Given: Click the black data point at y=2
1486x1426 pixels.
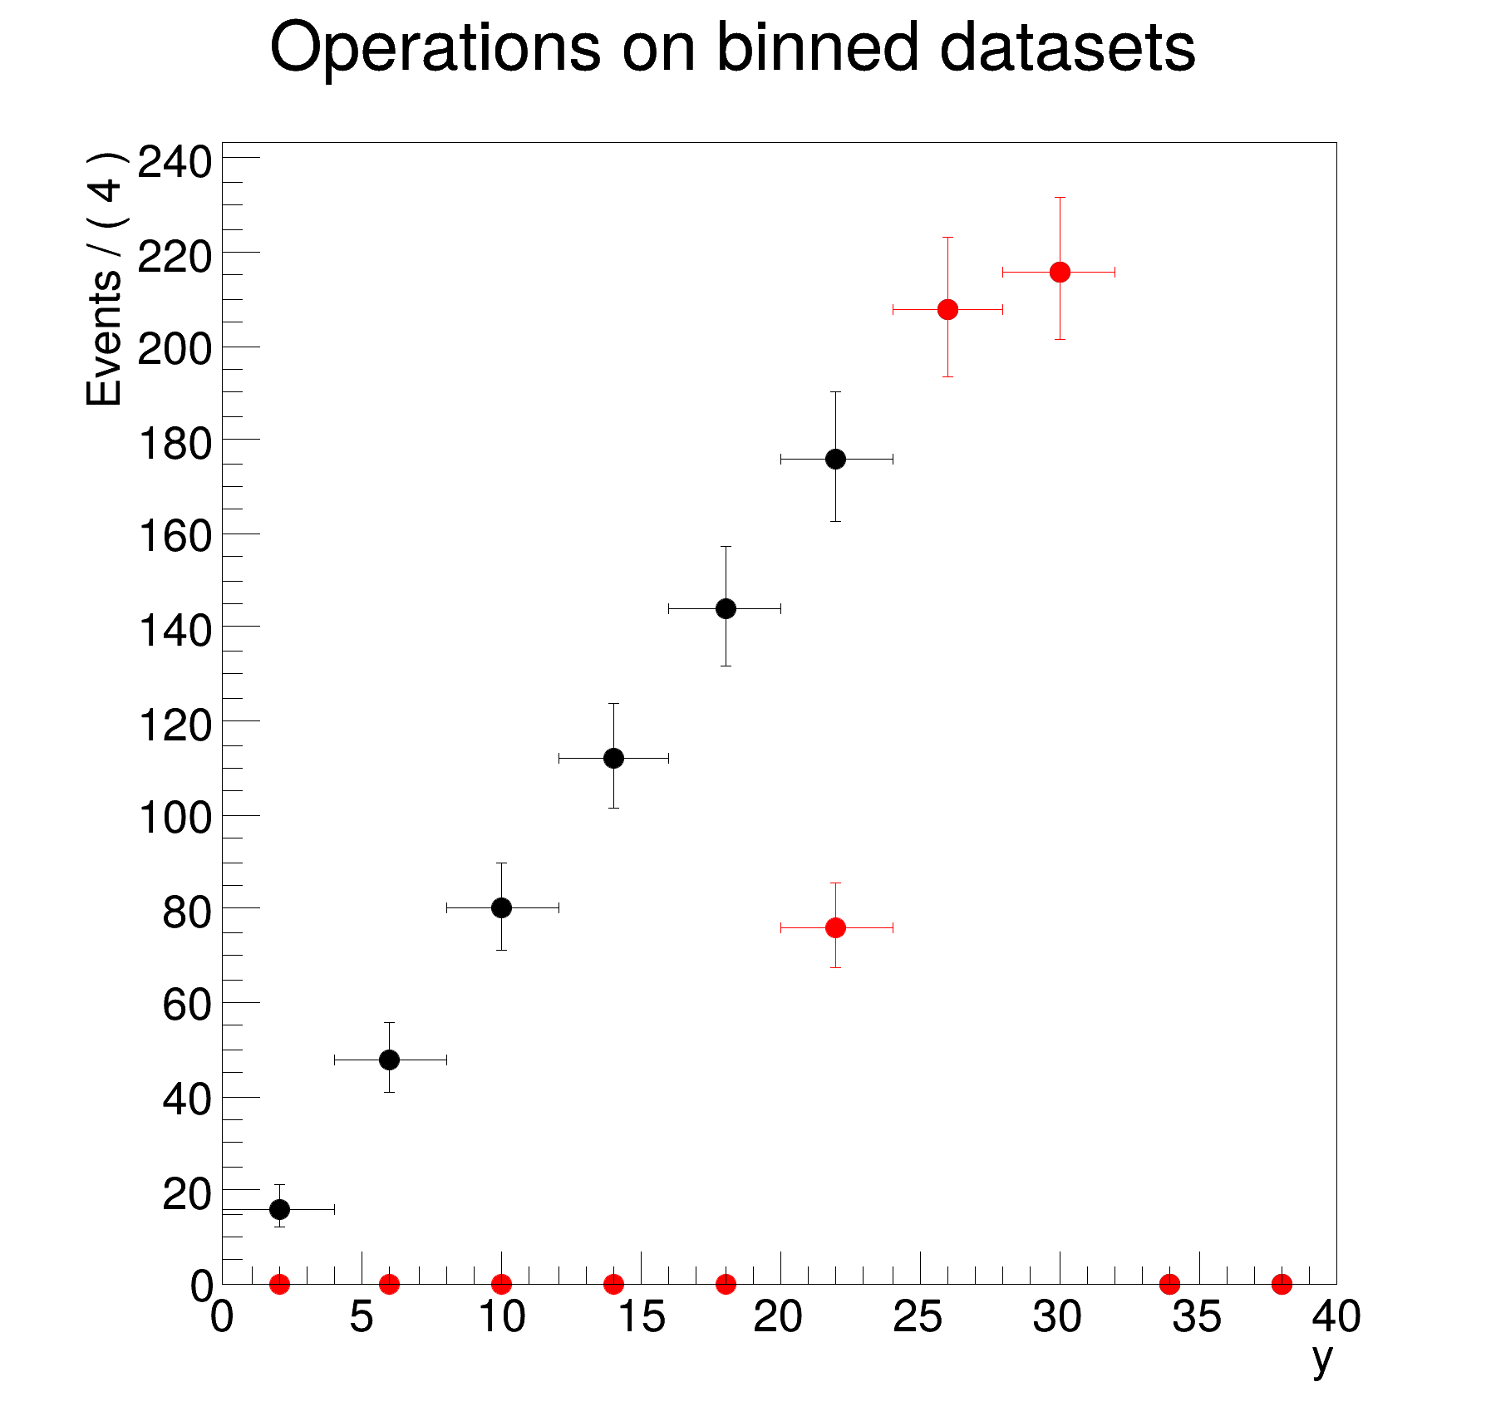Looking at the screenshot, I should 280,1208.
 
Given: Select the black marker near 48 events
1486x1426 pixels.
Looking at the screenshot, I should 389,1060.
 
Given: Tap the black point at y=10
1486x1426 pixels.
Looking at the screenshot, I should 501,907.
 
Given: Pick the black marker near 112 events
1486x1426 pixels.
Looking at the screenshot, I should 613,758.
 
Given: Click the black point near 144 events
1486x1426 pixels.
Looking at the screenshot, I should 726,608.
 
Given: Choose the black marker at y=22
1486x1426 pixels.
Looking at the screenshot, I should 836,459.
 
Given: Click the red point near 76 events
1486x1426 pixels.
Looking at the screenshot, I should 836,927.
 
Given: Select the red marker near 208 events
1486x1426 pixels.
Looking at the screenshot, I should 947,309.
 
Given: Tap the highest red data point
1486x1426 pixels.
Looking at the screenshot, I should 1060,272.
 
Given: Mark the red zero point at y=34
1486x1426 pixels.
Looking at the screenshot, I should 1169,1284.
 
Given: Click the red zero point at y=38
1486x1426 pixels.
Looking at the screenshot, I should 1282,1284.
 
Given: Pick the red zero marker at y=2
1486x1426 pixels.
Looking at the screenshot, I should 280,1284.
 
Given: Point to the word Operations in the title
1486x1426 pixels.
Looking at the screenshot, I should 435,48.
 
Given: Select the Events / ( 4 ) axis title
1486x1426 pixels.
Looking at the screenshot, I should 106,279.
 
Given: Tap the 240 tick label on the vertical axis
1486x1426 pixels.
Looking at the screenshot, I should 174,162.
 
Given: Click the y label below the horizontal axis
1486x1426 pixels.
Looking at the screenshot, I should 1322,1360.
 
